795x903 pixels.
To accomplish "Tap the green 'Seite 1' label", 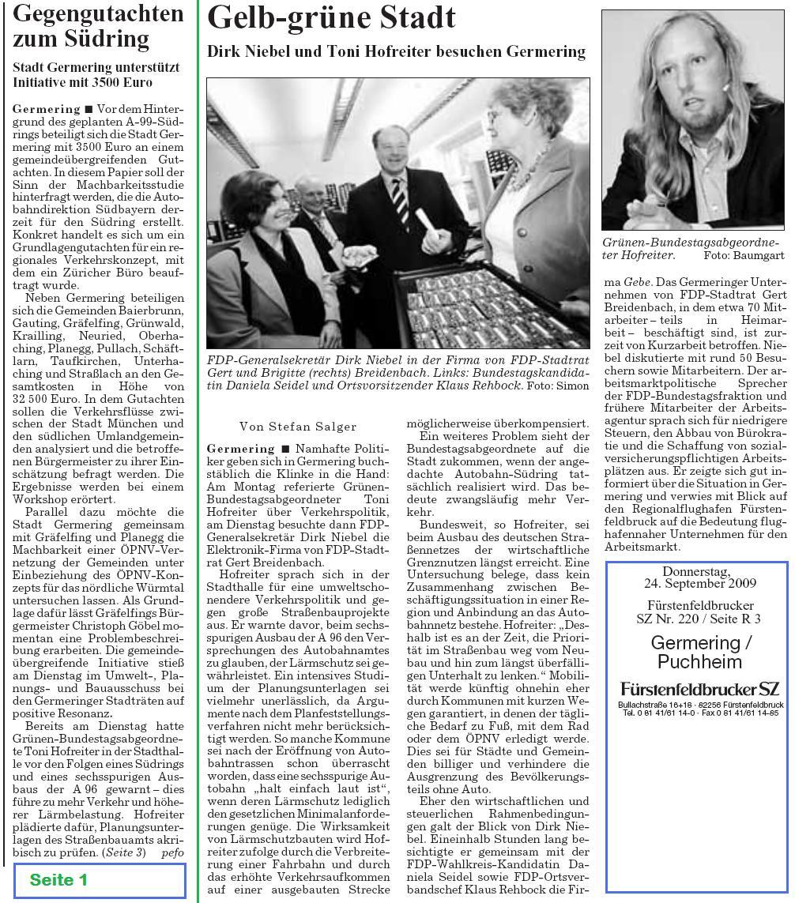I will (x=58, y=879).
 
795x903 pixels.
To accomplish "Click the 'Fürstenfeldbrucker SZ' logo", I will (x=699, y=689).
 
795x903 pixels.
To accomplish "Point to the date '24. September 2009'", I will (x=699, y=584).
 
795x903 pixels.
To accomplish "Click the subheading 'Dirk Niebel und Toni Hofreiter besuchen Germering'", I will (x=396, y=52).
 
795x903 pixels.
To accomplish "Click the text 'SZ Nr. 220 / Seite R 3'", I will (x=699, y=619).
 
